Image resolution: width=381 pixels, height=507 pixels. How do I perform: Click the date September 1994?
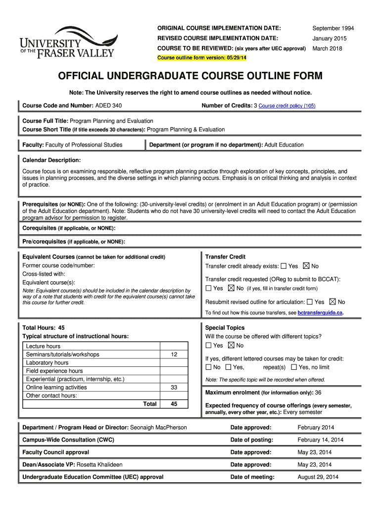coord(333,28)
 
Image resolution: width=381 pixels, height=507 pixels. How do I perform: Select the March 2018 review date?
coord(327,49)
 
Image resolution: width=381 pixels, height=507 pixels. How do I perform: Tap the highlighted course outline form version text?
coord(202,58)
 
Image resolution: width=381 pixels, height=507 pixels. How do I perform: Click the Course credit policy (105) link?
coord(287,106)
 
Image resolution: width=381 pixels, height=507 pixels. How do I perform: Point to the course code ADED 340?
coord(108,105)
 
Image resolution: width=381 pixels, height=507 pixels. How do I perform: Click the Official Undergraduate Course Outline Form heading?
coord(190,76)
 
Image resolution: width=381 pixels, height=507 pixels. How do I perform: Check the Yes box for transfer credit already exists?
coord(284,266)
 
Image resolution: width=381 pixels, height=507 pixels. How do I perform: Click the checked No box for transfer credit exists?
coord(306,266)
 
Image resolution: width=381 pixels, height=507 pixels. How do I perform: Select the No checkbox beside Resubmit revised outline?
coord(332,302)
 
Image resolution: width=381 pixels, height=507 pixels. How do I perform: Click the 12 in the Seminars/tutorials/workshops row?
coord(174,355)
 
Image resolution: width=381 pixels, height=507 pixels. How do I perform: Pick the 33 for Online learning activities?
coord(174,387)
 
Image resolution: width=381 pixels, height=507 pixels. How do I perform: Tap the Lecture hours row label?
coord(43,347)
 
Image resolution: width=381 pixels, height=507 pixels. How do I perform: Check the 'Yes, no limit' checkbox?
coord(294,367)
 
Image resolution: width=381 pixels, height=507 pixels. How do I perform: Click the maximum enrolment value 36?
coord(318,392)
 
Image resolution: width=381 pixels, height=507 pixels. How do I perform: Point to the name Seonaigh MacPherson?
coord(158,427)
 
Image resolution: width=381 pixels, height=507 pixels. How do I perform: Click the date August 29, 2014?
coord(318,477)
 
